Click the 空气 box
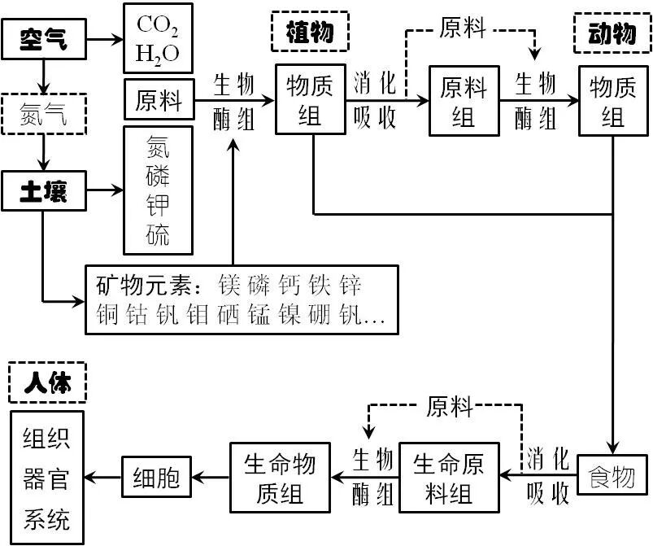pos(45,38)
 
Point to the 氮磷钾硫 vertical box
pos(158,190)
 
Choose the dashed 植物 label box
pos(309,32)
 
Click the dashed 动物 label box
pos(612,33)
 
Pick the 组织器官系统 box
pos(47,478)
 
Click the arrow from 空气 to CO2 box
pos(103,38)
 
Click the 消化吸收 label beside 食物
pos(546,474)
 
